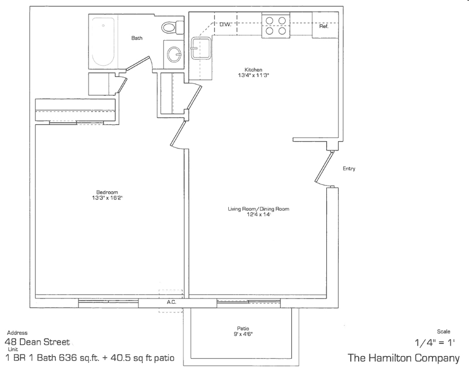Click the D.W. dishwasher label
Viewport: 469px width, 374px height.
225,24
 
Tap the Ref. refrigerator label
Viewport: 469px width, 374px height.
324,26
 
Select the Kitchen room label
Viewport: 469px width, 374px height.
254,69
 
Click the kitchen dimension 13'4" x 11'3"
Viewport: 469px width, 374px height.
254,75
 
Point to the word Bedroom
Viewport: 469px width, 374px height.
107,192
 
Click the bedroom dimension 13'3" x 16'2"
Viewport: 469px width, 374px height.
107,198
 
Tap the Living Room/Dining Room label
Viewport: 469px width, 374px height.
258,209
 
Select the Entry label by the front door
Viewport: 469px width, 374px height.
349,169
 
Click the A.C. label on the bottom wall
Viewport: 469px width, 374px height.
171,302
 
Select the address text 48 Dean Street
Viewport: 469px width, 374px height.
36,343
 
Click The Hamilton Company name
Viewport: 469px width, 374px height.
403,358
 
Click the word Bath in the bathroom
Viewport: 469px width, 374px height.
137,38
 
